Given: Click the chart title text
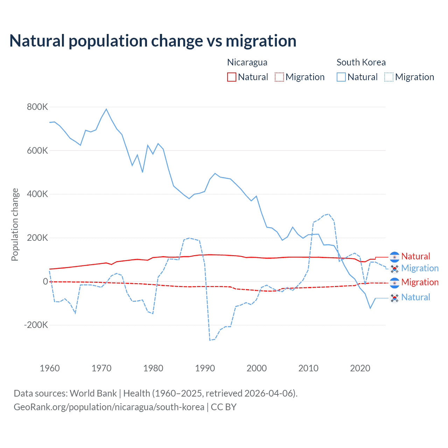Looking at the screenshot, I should pyautogui.click(x=153, y=41).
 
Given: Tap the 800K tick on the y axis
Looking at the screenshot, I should pyautogui.click(x=37, y=107).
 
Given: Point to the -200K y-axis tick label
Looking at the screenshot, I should pyautogui.click(x=36, y=325).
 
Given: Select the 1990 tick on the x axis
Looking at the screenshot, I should pyautogui.click(x=205, y=368).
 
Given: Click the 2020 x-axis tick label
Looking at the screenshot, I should pyautogui.click(x=360, y=368).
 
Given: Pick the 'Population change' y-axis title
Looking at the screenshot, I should pyautogui.click(x=15, y=225).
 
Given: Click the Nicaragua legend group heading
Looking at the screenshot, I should pyautogui.click(x=247, y=62).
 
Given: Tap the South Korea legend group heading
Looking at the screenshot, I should pyautogui.click(x=361, y=62).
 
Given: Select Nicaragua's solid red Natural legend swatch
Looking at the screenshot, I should pyautogui.click(x=232, y=77).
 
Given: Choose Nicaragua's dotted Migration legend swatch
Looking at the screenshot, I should pyautogui.click(x=279, y=77).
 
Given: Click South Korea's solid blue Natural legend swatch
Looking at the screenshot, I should pyautogui.click(x=341, y=77).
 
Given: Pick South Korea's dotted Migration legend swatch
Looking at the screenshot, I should pyautogui.click(x=389, y=77).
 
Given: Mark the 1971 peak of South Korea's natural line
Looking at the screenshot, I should pyautogui.click(x=106, y=109).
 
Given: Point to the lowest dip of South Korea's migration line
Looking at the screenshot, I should pyautogui.click(x=210, y=340).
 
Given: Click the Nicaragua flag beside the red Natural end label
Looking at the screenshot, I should pyautogui.click(x=394, y=257).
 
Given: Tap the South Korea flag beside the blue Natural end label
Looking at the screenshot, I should pyautogui.click(x=394, y=297).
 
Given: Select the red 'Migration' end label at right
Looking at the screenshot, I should pyautogui.click(x=420, y=282).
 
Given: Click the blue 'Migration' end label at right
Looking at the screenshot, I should pyautogui.click(x=420, y=268).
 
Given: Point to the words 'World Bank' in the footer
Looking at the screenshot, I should pyautogui.click(x=93, y=393).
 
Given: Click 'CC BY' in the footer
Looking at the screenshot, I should pyautogui.click(x=224, y=407).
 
